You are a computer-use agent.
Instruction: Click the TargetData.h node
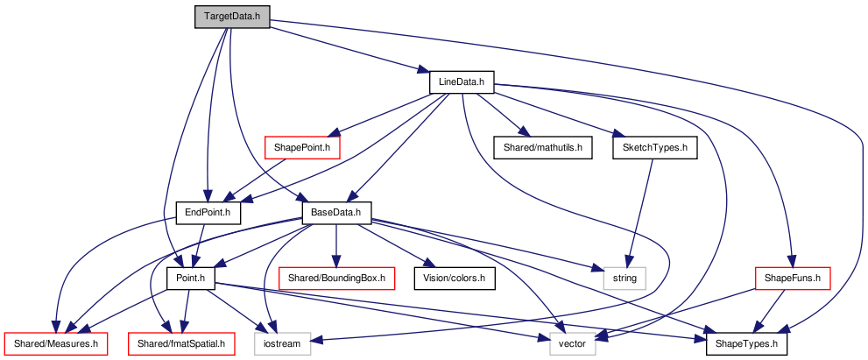click(x=232, y=17)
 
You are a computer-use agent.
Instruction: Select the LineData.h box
click(x=461, y=82)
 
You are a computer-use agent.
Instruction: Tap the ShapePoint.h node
click(x=302, y=148)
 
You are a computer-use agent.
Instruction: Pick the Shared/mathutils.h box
click(x=542, y=148)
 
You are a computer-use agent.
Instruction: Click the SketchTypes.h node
click(x=655, y=148)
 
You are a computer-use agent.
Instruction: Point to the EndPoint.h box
click(x=208, y=213)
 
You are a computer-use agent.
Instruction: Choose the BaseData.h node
click(x=336, y=213)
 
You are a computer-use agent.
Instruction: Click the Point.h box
click(x=190, y=278)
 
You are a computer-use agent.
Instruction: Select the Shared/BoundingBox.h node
click(x=336, y=278)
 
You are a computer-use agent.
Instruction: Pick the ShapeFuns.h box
click(x=793, y=278)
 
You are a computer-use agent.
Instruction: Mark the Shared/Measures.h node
click(x=55, y=344)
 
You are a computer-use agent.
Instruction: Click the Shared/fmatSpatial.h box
click(x=181, y=344)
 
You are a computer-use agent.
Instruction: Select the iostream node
click(x=283, y=344)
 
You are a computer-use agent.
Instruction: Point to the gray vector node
click(x=573, y=344)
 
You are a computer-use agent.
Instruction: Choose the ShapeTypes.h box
click(x=746, y=344)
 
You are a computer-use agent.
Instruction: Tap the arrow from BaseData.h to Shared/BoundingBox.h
click(x=336, y=245)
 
